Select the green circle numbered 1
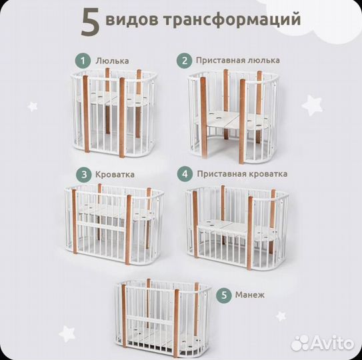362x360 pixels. click(83, 61)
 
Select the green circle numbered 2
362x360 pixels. click(183, 61)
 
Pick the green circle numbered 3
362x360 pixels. click(83, 174)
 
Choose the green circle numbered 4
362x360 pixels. click(183, 174)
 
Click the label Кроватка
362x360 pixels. click(115, 174)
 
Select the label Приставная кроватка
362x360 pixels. click(242, 174)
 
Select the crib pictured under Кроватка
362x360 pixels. click(115, 227)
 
